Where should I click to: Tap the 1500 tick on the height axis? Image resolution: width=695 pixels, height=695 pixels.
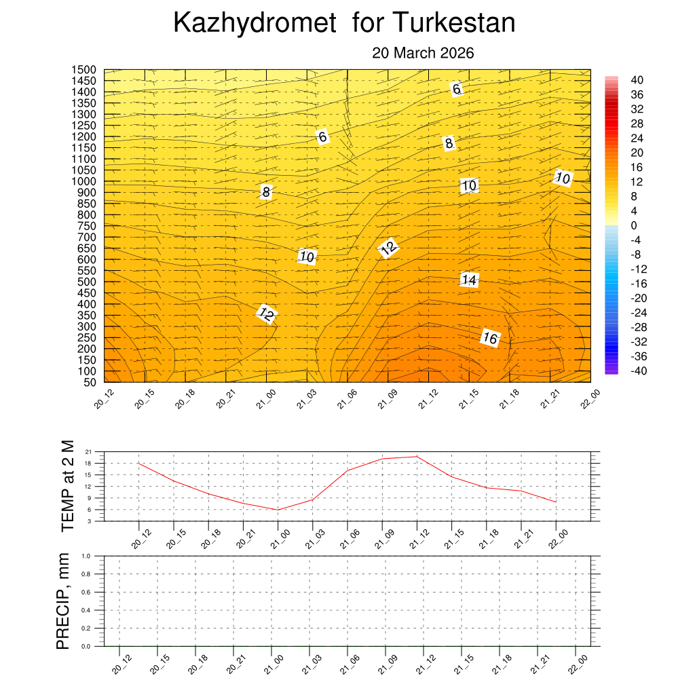[x=84, y=70]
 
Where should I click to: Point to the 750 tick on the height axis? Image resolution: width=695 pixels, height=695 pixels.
[x=87, y=226]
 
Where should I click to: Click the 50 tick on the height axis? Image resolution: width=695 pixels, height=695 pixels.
[x=90, y=382]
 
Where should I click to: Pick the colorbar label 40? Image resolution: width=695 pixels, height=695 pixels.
[x=637, y=80]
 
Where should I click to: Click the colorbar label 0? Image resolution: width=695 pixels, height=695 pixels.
[x=634, y=225]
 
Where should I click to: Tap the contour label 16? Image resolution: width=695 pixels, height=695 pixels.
[x=490, y=337]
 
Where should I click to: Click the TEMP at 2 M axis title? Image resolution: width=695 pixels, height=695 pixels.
[x=67, y=485]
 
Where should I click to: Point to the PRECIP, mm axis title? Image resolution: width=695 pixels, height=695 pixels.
[x=63, y=601]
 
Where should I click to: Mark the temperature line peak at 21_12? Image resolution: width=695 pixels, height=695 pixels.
[x=417, y=456]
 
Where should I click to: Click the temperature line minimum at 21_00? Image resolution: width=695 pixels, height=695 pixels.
[x=278, y=510]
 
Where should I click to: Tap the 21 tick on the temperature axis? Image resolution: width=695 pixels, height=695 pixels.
[x=88, y=451]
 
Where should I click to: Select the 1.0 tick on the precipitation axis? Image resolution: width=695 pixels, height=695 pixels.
[x=86, y=556]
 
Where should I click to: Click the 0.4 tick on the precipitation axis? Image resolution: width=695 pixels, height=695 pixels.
[x=86, y=610]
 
